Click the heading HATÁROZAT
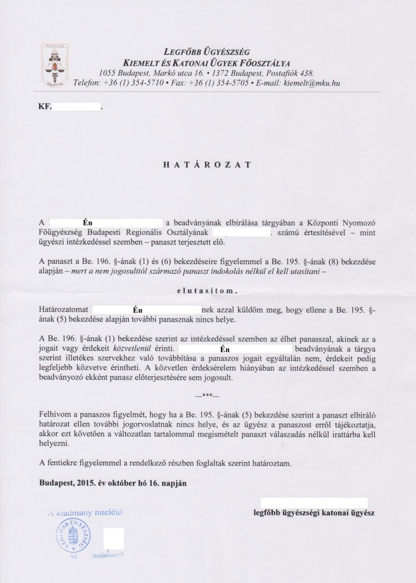pos(207,163)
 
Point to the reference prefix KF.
pos(45,106)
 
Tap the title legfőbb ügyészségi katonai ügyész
pos(314,511)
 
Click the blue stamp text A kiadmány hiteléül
pos(85,512)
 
